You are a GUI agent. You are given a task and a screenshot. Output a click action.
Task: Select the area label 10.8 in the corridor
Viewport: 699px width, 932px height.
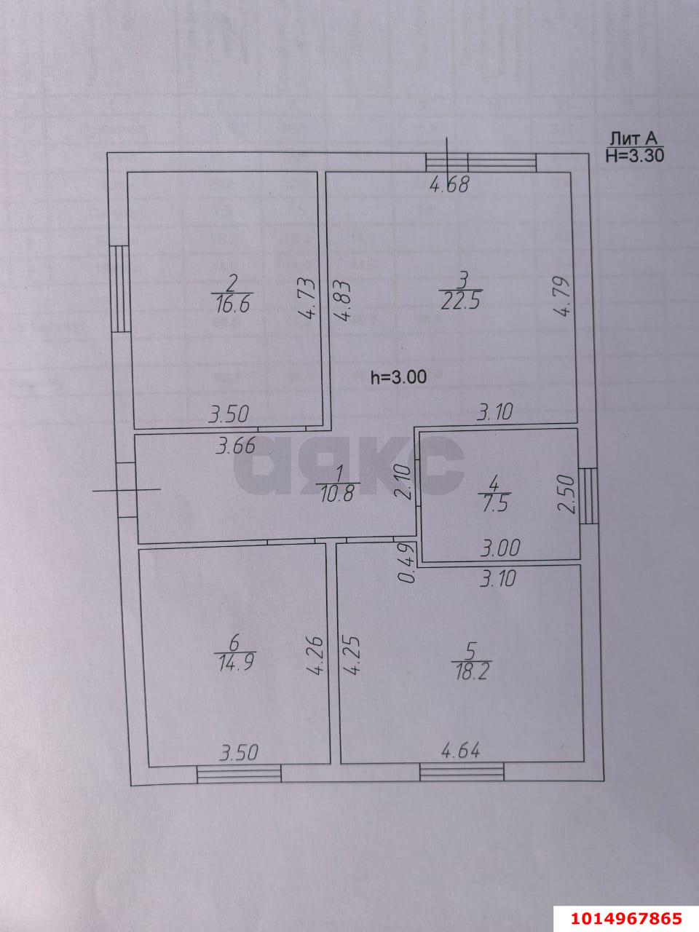[336, 494]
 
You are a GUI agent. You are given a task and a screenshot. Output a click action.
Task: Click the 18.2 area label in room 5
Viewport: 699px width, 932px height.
[470, 670]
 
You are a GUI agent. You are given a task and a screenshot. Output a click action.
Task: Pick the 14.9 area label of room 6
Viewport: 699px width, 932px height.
[234, 663]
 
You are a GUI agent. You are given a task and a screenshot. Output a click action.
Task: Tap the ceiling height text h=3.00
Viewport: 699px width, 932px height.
[398, 377]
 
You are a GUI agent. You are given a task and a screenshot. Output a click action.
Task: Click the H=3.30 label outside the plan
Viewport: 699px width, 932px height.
[634, 154]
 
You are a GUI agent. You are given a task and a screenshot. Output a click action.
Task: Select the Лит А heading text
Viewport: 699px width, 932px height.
[633, 139]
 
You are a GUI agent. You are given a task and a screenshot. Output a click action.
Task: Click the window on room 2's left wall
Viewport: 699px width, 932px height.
[119, 290]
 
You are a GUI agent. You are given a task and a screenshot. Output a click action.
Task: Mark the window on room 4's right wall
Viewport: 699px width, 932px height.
[588, 496]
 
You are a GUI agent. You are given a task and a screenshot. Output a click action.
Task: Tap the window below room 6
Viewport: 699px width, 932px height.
[240, 774]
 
